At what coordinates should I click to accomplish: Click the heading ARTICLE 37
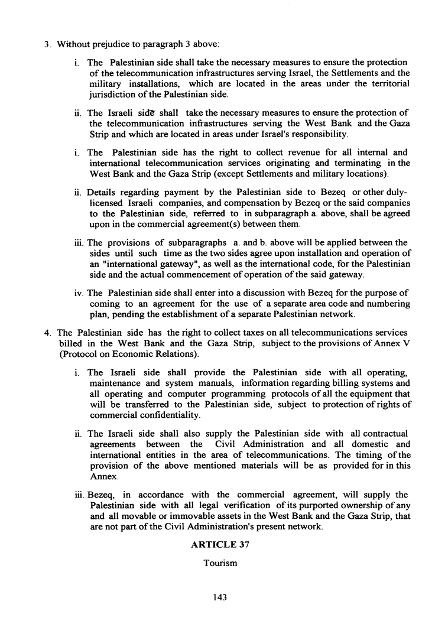(220, 545)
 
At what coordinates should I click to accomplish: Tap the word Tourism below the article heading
(220, 563)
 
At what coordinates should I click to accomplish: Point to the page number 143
(220, 597)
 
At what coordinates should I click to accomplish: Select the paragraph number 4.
(47, 332)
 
